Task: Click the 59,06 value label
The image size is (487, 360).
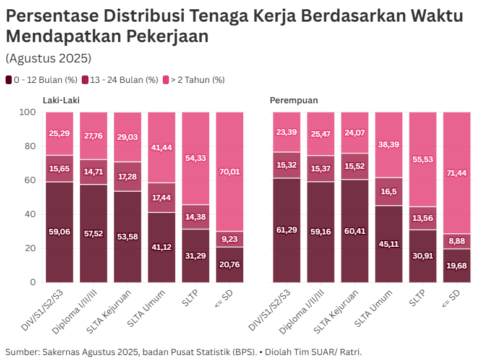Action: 59,232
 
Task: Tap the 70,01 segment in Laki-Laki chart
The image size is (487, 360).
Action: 230,171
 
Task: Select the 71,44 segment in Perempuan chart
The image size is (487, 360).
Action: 457,173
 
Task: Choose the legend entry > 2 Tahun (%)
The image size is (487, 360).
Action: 193,80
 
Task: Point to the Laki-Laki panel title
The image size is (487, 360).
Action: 61,100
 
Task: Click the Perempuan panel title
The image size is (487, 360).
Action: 294,100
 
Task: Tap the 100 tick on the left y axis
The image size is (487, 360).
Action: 28,113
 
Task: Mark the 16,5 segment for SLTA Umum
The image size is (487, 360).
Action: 389,192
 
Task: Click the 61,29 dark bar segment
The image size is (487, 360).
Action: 287,230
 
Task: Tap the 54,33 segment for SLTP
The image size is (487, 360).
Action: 196,158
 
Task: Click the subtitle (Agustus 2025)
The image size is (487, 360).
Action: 48,58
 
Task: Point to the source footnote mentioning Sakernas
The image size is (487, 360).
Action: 183,351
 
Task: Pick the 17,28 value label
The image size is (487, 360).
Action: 127,177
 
